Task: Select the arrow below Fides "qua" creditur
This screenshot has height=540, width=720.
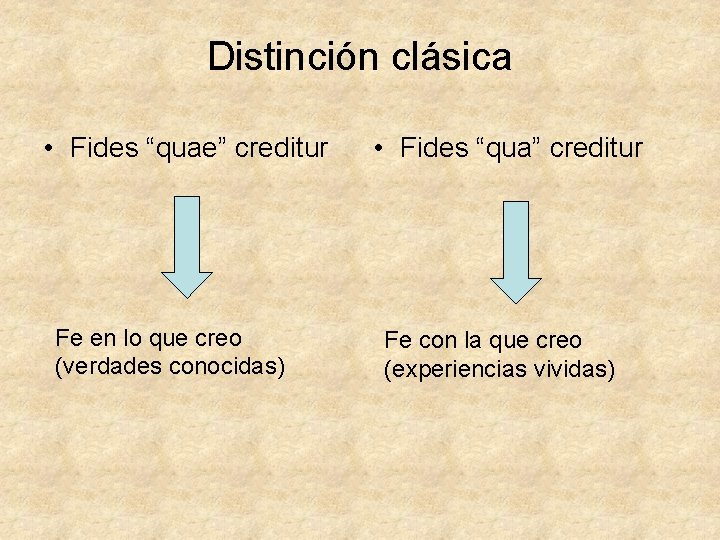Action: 515,251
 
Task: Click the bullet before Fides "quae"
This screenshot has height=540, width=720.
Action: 48,150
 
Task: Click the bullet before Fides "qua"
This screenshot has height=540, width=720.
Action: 377,150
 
